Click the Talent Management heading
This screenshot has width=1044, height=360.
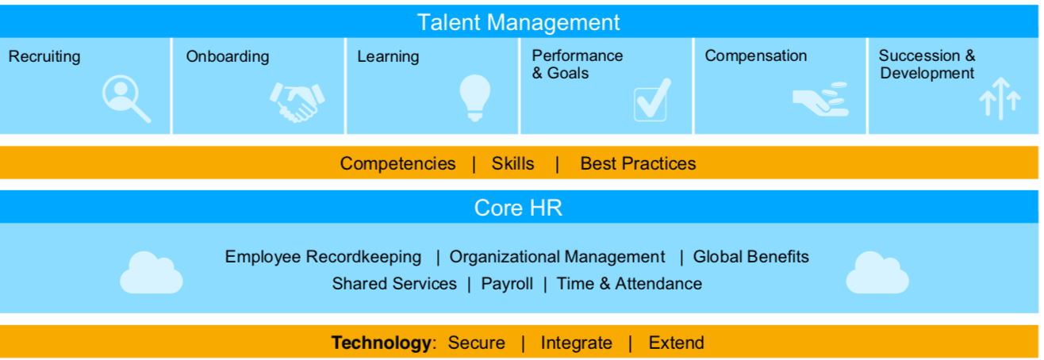point(519,21)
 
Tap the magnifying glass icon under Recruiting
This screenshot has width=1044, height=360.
point(125,99)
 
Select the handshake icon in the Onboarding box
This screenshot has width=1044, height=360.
point(297,101)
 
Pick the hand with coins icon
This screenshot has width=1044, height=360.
point(821,100)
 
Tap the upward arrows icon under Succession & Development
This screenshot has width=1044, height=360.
point(999,99)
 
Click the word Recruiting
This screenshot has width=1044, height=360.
point(44,57)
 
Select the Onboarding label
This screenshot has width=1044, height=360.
point(228,57)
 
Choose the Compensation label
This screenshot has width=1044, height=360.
point(755,56)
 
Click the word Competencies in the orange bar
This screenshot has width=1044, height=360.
point(397,164)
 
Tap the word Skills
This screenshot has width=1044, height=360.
point(512,164)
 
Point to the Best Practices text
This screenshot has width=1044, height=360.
point(638,164)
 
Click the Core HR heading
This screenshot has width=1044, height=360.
point(519,208)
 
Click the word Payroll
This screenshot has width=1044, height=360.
point(507,284)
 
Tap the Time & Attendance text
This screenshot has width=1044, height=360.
point(629,284)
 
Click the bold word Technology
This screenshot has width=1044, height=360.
point(381,343)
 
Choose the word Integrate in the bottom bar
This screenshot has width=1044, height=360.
point(576,343)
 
